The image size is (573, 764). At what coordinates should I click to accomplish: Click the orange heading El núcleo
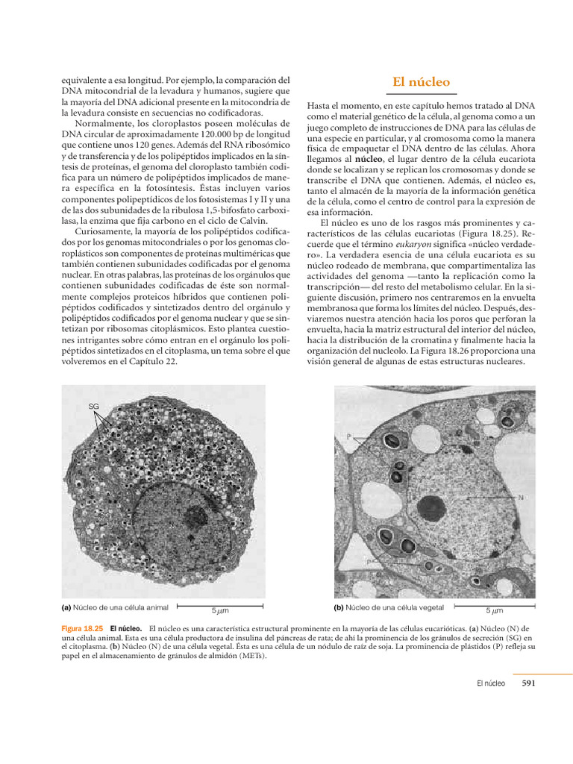(421, 82)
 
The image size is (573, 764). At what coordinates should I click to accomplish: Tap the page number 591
(529, 682)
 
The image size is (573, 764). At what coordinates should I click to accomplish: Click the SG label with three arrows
(93, 406)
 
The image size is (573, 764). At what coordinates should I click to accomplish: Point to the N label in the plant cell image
(520, 497)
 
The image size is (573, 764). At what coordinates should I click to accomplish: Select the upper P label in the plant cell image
(348, 437)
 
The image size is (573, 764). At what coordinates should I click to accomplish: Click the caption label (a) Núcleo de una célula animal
(115, 607)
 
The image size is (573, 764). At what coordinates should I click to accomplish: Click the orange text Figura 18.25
(81, 629)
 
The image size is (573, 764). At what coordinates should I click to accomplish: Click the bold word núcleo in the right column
(363, 160)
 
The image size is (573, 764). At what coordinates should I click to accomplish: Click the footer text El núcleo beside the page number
(490, 682)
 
